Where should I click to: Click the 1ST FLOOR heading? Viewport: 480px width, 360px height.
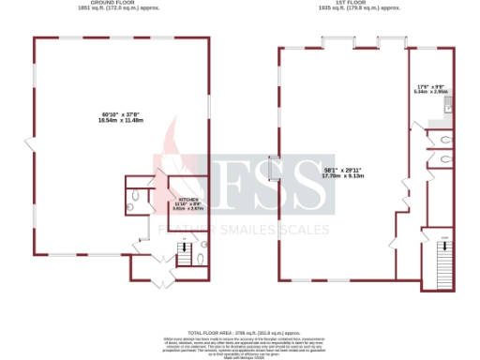point(361,4)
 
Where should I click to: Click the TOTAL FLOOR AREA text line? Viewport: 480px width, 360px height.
point(239,333)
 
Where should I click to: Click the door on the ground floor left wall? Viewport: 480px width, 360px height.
point(31,146)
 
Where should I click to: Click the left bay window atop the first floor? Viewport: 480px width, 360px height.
point(336,41)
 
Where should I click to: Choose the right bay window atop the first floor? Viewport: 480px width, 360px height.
point(390,41)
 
